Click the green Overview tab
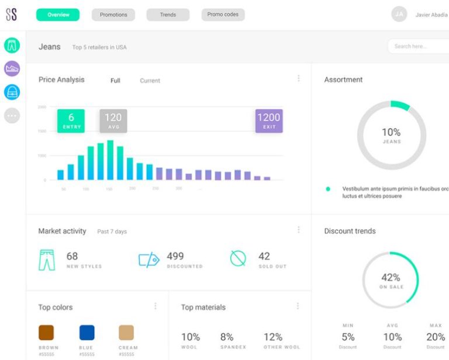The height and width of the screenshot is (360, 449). [x=57, y=15]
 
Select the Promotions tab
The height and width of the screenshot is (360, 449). [x=113, y=15]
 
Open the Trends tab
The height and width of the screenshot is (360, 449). [x=168, y=15]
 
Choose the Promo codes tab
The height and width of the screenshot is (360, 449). [x=223, y=15]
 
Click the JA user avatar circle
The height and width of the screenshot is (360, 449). [x=399, y=15]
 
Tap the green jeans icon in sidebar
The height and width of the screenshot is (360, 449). [x=12, y=45]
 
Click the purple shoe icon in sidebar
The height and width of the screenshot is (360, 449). [x=12, y=68]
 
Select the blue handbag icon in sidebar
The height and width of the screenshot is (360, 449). [x=12, y=92]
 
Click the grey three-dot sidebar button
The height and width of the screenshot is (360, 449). [x=12, y=116]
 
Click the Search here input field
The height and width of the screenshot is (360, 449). [x=418, y=46]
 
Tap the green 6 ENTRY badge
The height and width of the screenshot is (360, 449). [x=71, y=120]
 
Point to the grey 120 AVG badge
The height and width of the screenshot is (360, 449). [x=113, y=120]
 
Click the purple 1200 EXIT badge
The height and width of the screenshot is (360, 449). [x=269, y=120]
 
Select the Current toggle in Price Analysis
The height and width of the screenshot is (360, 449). [x=150, y=81]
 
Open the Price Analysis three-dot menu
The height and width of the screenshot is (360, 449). [x=299, y=78]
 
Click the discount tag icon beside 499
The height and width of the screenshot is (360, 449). [x=148, y=259]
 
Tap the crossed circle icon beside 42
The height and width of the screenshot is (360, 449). [x=238, y=258]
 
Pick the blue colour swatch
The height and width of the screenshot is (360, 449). [x=87, y=333]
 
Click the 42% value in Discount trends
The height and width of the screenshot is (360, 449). [x=391, y=278]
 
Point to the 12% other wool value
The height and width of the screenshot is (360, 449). [x=273, y=337]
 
